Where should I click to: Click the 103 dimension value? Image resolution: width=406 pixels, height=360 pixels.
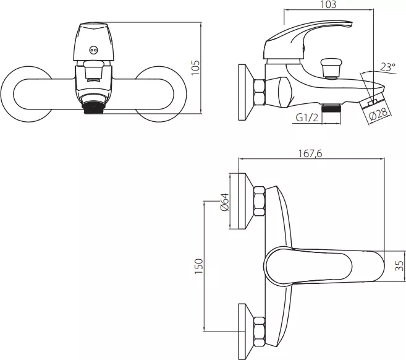click(x=328, y=4)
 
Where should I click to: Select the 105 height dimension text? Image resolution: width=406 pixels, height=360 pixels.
click(x=196, y=68)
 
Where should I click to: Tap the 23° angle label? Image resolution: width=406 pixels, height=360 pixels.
click(x=388, y=67)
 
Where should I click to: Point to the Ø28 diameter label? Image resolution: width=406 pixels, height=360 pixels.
click(x=379, y=114)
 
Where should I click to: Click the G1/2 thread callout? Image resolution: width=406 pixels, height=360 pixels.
click(x=307, y=118)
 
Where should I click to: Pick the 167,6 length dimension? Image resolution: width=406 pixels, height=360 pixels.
click(x=310, y=153)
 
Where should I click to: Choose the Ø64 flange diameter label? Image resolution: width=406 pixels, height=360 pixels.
click(x=224, y=202)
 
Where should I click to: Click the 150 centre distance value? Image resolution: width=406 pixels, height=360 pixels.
click(x=199, y=266)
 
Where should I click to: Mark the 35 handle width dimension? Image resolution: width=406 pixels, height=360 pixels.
click(x=400, y=265)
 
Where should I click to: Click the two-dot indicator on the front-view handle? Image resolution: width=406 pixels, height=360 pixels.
click(x=93, y=50)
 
